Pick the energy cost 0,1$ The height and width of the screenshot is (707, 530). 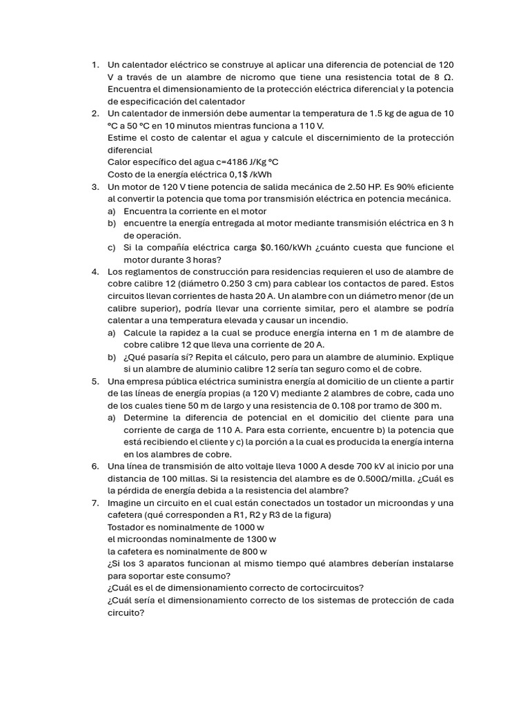coord(235,175)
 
